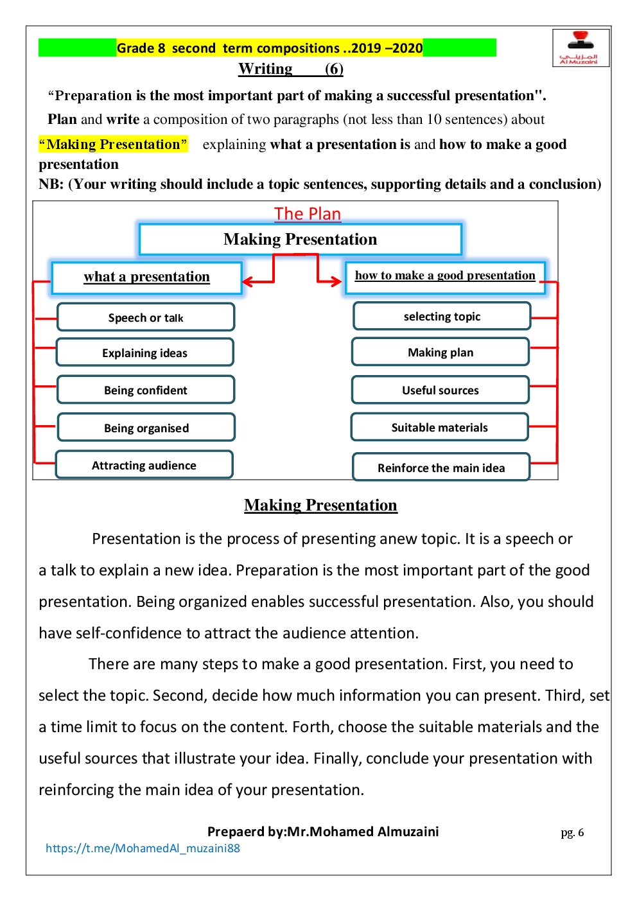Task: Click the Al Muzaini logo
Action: [x=580, y=48]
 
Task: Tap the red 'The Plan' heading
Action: [x=308, y=214]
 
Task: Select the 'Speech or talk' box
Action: [x=146, y=317]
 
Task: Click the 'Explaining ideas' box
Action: [x=145, y=353]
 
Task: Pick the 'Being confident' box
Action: [x=146, y=390]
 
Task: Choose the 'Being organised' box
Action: [x=146, y=428]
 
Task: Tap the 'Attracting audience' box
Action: [x=144, y=465]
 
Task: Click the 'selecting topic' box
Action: [x=442, y=316]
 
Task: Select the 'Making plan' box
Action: [x=441, y=352]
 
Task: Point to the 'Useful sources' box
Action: [x=441, y=390]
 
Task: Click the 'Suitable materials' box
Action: [x=440, y=427]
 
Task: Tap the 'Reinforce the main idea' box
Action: [x=441, y=468]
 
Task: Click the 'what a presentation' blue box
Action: [x=146, y=277]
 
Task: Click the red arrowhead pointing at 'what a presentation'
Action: [x=247, y=281]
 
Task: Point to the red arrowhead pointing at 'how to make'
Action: [x=336, y=281]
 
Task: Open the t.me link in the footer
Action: [x=143, y=848]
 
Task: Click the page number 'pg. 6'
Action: [x=572, y=833]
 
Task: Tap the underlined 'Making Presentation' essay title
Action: [x=320, y=505]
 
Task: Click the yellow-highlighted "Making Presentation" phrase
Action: [x=113, y=144]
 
